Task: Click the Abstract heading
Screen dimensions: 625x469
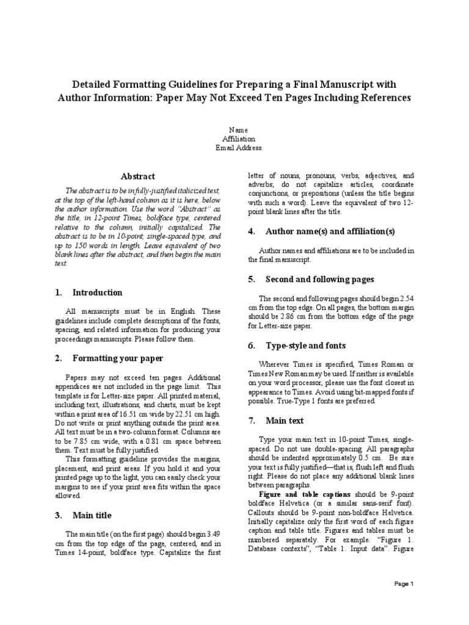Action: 138,176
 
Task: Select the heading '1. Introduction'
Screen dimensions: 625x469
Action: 89,292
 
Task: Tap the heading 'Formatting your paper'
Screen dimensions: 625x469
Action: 118,358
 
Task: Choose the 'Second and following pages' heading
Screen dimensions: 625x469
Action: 320,279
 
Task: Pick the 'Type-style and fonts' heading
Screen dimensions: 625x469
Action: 305,345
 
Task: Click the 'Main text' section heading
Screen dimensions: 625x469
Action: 285,421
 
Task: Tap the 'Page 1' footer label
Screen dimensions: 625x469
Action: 404,584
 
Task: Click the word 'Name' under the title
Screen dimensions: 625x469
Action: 238,130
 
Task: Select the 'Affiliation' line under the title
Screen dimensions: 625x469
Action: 238,139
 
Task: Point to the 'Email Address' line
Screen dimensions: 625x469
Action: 238,147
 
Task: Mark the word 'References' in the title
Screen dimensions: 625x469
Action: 384,98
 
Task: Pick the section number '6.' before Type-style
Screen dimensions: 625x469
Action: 252,345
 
